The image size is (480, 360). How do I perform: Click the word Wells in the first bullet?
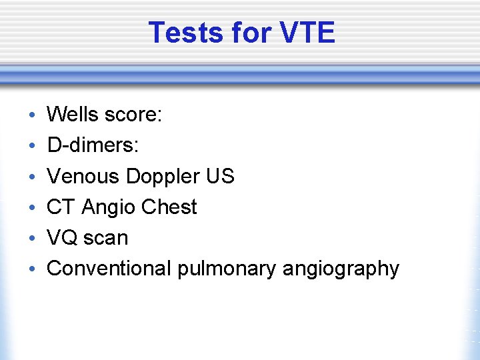[73, 115]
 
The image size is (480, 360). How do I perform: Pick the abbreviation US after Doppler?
[220, 176]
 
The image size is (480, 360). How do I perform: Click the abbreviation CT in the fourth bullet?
[61, 207]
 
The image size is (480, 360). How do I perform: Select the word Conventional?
[109, 268]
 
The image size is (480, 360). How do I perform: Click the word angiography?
[341, 269]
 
